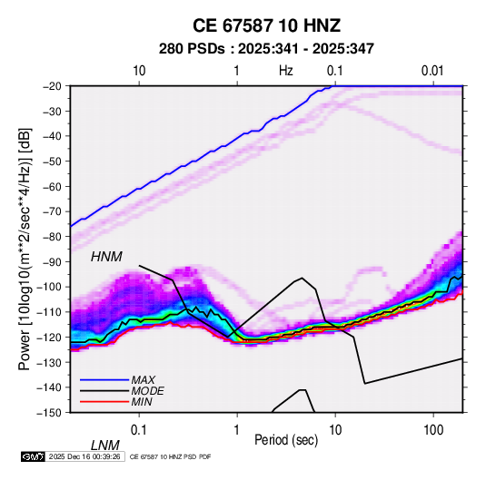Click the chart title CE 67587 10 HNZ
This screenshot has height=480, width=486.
266,25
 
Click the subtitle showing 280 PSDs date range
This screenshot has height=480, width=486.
266,49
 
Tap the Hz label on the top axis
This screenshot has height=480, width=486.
286,71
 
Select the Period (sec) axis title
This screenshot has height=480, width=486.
286,440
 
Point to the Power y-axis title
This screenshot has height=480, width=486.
25,249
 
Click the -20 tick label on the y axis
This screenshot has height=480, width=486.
52,86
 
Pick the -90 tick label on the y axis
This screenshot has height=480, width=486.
52,261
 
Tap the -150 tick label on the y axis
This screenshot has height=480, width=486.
50,413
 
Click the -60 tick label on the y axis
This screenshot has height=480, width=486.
52,186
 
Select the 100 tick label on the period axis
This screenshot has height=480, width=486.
433,430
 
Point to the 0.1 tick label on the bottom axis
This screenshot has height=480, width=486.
139,430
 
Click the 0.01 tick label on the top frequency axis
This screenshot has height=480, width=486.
432,71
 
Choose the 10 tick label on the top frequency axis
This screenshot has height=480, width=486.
139,71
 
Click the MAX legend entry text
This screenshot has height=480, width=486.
144,380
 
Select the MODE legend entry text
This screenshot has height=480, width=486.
147,391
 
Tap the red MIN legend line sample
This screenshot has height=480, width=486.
104,402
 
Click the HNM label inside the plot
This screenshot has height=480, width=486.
106,257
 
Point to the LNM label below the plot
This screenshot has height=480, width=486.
105,446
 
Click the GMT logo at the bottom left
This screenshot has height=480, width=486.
34,456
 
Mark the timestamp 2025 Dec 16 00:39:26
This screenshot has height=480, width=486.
84,456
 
